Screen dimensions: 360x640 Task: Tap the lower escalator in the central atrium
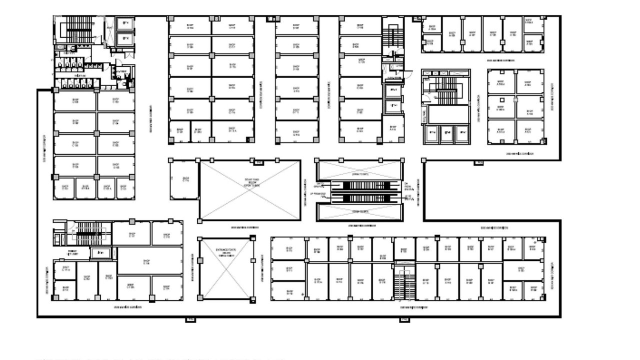tap(360, 198)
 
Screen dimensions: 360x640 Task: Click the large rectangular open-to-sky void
tap(250, 190)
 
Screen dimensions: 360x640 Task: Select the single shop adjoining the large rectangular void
tap(184, 179)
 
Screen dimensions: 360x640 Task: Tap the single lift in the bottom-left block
tap(101, 253)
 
